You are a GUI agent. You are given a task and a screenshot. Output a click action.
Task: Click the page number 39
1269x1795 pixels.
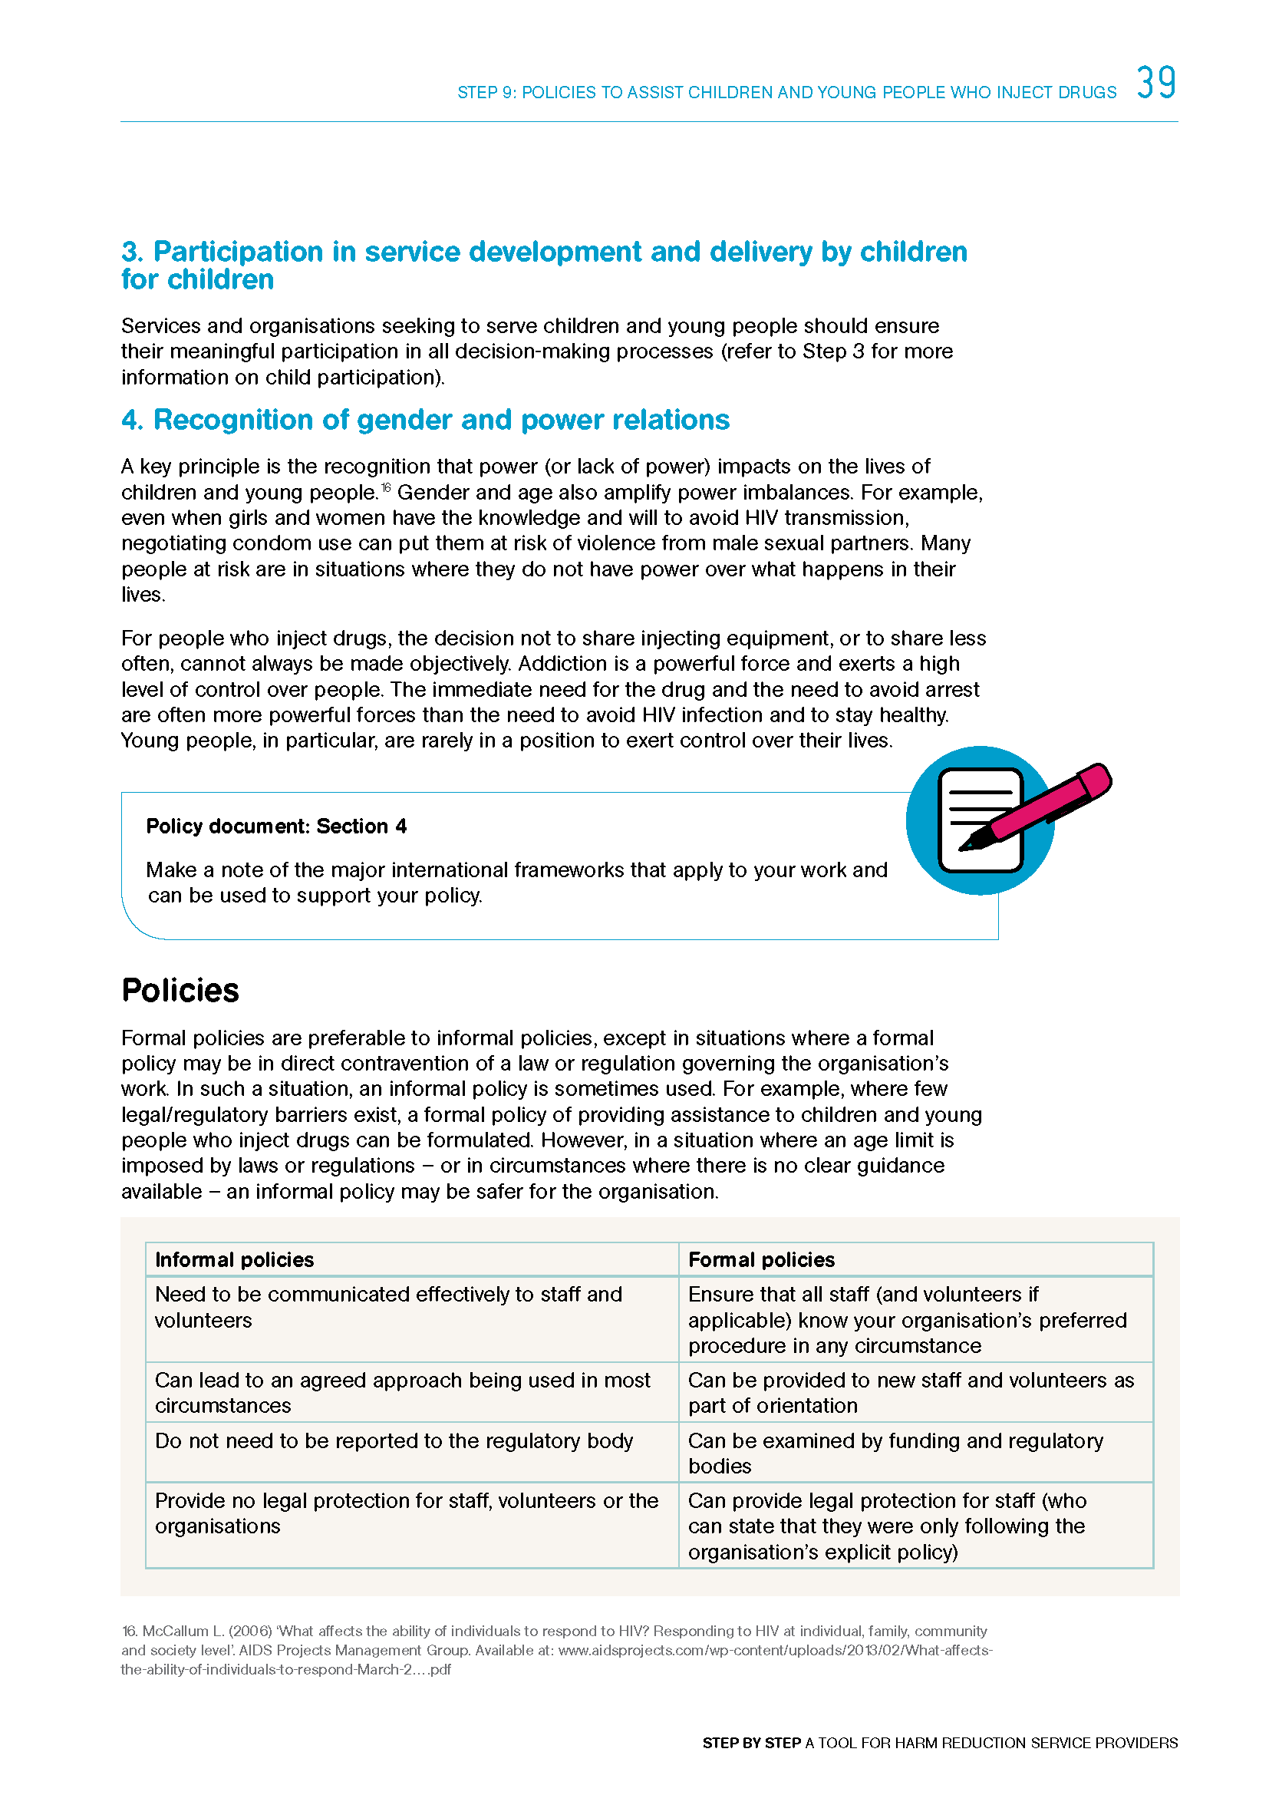pyautogui.click(x=1155, y=83)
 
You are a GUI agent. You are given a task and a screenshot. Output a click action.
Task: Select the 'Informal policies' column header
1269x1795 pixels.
pyautogui.click(x=235, y=1259)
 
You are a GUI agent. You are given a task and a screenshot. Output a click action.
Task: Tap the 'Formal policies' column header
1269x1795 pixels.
pyautogui.click(x=761, y=1259)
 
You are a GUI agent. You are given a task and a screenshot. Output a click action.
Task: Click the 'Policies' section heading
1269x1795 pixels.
pyautogui.click(x=180, y=991)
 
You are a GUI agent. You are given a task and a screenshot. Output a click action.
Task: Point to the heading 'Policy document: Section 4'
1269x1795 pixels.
pyautogui.click(x=276, y=827)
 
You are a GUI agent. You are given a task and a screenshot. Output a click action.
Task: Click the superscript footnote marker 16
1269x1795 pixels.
pyautogui.click(x=386, y=489)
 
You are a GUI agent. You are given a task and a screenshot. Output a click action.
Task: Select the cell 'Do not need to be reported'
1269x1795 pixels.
pyautogui.click(x=394, y=1441)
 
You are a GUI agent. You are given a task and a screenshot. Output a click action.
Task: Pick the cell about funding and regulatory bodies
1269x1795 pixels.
pyautogui.click(x=895, y=1453)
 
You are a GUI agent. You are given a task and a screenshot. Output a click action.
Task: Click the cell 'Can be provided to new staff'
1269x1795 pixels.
pyautogui.click(x=911, y=1392)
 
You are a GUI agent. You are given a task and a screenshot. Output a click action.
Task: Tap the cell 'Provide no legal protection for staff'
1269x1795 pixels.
pyautogui.click(x=407, y=1513)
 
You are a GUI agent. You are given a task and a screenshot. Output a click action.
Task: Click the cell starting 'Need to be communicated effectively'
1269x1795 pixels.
pyautogui.click(x=388, y=1307)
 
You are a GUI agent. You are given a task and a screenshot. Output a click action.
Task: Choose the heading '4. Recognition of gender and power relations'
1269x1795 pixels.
pyautogui.click(x=425, y=420)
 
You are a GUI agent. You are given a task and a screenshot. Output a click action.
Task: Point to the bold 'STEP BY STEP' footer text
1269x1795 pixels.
pyautogui.click(x=751, y=1743)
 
